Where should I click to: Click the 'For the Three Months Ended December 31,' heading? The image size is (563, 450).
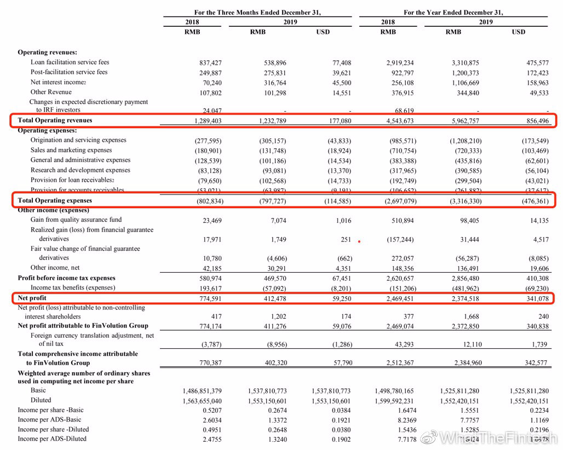(x=257, y=12)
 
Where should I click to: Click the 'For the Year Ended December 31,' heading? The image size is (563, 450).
(x=453, y=12)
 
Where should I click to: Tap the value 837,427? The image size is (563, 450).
(x=210, y=63)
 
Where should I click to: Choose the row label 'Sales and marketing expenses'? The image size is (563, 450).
(x=71, y=150)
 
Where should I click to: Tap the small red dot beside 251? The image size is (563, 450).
(x=359, y=241)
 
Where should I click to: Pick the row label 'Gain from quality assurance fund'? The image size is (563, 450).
(x=76, y=220)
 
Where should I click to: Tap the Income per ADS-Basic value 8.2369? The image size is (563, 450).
(x=404, y=420)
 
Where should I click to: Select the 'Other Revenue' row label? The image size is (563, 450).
(x=51, y=92)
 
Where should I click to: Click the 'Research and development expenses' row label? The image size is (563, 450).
(x=80, y=170)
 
